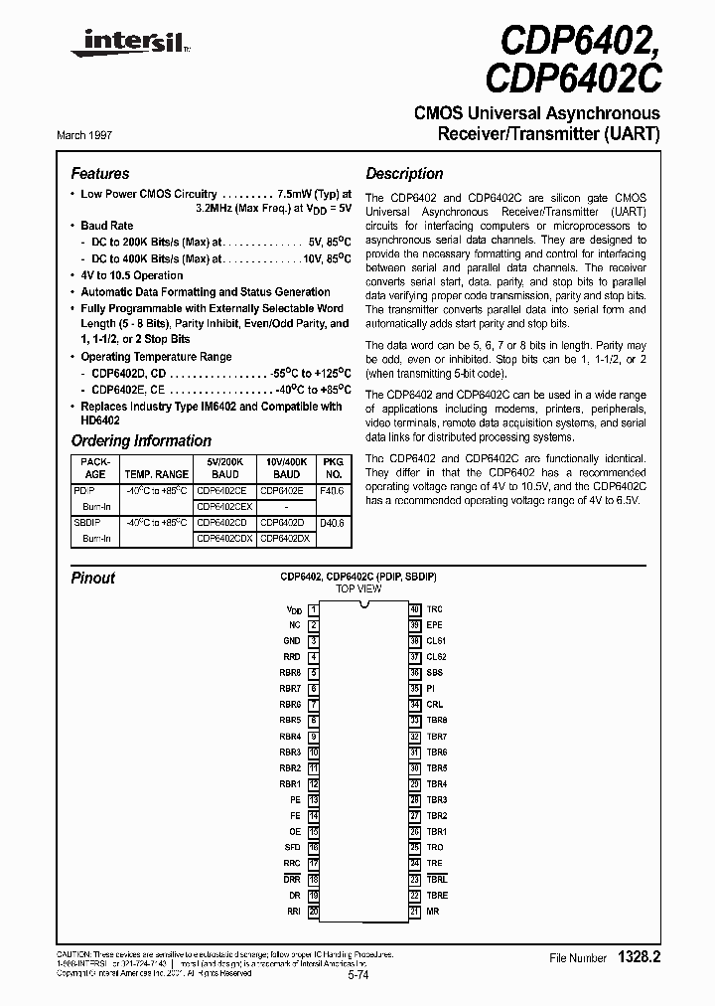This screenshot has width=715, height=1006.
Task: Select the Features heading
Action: tap(100, 173)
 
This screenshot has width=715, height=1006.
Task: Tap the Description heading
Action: tap(404, 173)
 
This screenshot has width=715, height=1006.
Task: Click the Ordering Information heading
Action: tap(141, 440)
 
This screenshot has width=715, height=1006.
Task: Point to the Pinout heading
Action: tap(93, 578)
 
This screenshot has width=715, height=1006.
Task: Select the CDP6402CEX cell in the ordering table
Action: tap(224, 506)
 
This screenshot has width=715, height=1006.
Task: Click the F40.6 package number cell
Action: tap(333, 490)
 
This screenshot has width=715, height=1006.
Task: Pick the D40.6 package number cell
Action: tap(333, 522)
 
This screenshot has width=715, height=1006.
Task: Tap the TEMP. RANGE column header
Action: tap(158, 474)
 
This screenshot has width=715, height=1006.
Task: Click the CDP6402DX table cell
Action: tap(285, 538)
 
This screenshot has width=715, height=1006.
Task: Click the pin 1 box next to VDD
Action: tap(313, 608)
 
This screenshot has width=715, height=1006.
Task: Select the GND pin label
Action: tap(291, 641)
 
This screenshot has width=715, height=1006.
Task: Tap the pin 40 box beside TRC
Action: tap(415, 608)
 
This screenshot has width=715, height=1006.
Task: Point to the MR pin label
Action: tap(433, 912)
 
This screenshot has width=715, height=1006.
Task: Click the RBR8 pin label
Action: tap(290, 673)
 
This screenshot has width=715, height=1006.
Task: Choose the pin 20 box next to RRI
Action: tap(313, 912)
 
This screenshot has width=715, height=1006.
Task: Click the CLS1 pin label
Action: tap(436, 641)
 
